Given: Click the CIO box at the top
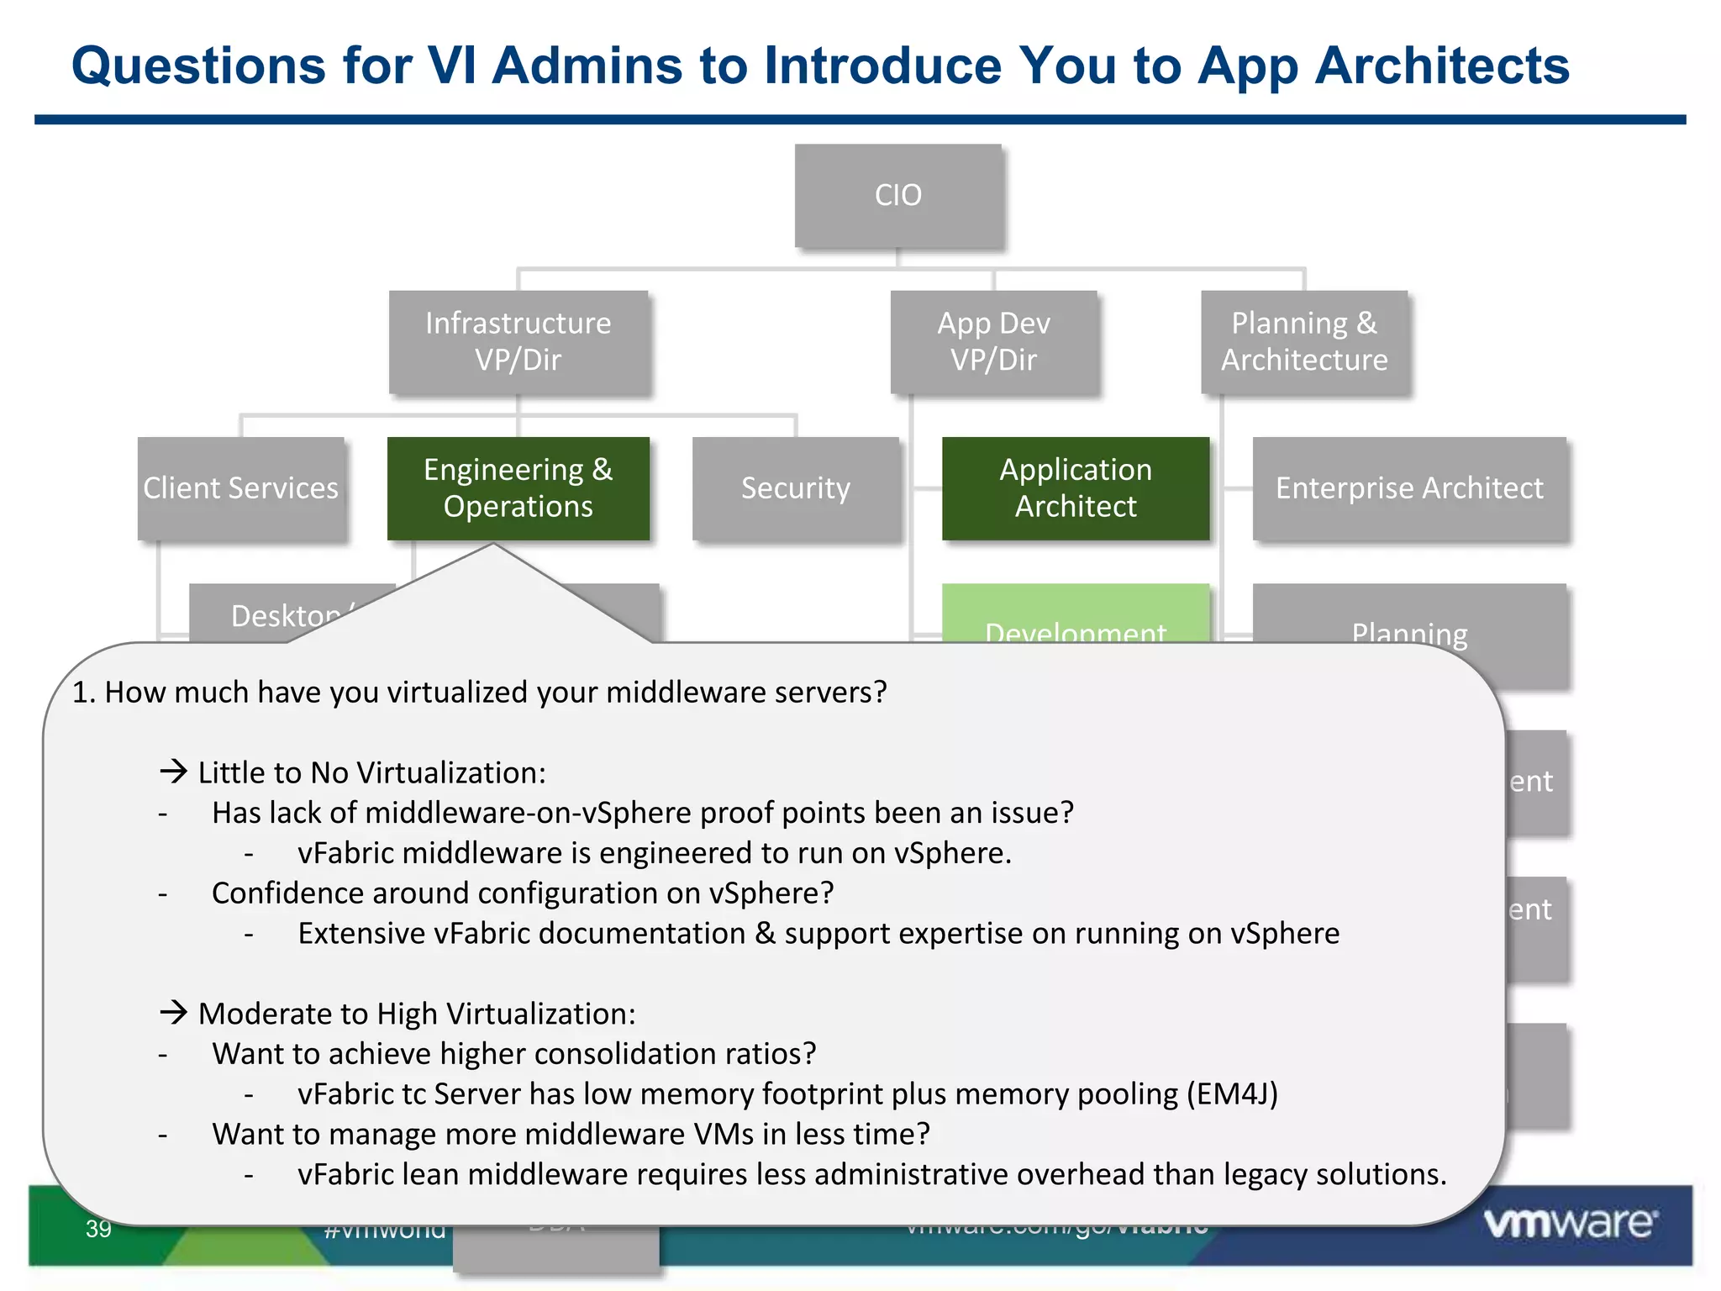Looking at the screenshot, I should point(898,195).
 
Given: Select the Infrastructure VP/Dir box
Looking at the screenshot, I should point(518,341).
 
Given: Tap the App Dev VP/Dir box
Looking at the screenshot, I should point(993,341).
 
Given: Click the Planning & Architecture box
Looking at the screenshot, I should point(1304,341).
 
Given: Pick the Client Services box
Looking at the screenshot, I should point(241,488).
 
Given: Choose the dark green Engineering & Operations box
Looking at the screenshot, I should point(518,488).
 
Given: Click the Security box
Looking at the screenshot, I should point(795,488).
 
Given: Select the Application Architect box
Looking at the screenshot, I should point(1075,488).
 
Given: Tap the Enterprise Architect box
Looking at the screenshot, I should point(1409,488).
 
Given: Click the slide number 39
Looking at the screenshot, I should point(98,1229).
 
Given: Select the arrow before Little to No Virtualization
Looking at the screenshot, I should point(174,771).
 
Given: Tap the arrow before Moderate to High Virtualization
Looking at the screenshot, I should point(174,1012).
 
